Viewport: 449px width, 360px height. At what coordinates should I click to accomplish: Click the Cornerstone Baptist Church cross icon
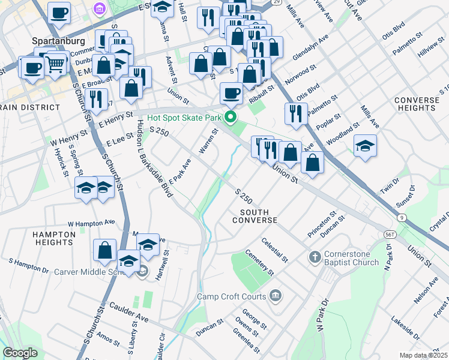314,257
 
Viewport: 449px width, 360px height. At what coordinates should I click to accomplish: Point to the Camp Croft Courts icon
275,295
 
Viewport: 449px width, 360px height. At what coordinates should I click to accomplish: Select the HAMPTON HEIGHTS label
53,238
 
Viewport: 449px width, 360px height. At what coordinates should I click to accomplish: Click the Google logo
20,353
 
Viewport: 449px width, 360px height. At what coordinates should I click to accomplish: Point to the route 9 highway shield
402,217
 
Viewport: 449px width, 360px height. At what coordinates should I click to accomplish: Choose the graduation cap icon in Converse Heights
365,146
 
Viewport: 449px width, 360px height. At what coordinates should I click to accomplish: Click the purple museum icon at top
100,9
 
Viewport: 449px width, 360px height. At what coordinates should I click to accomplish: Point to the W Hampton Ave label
91,223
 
